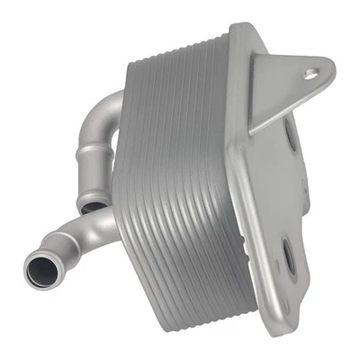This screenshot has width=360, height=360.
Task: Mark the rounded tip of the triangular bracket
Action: (325, 68)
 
